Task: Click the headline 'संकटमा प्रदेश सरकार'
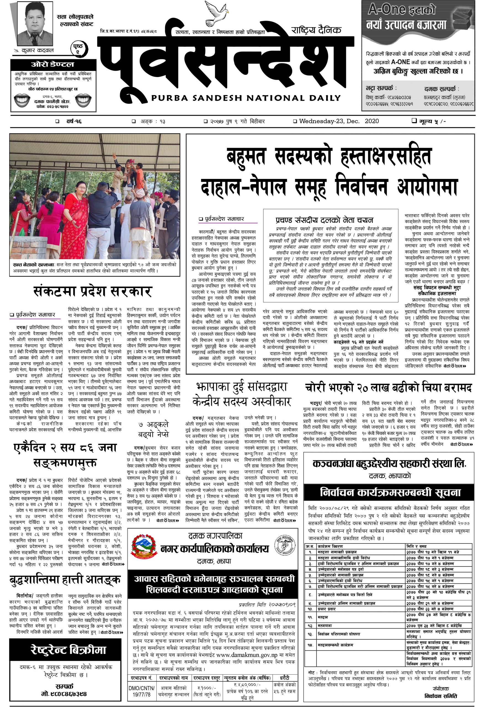(x=92, y=291)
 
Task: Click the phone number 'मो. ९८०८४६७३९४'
(x=64, y=694)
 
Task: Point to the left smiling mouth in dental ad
(x=22, y=100)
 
